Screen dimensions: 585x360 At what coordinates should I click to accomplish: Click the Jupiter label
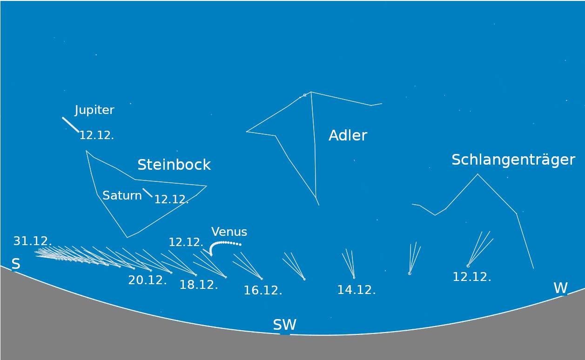(94, 110)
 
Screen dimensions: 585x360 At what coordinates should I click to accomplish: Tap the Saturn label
(122, 195)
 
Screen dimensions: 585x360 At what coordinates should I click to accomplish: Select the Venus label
(229, 232)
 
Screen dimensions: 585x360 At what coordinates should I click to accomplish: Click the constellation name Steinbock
(174, 165)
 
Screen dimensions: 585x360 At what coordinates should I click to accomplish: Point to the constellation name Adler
(348, 135)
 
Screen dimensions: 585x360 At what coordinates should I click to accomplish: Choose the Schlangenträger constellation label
(513, 160)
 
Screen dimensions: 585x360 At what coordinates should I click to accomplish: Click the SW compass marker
(285, 325)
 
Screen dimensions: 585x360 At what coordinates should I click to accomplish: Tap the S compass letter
(16, 264)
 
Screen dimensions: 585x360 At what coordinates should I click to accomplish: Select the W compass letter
(560, 288)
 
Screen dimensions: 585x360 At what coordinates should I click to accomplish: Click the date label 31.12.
(33, 241)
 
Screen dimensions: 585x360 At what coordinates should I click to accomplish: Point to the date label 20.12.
(147, 280)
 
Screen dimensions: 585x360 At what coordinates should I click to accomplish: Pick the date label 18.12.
(199, 285)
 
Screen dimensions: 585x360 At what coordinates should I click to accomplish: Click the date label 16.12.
(263, 290)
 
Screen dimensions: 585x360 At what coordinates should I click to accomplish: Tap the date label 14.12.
(356, 290)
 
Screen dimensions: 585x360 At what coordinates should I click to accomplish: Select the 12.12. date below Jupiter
(97, 135)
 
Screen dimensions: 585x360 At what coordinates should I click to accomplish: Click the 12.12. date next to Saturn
(172, 199)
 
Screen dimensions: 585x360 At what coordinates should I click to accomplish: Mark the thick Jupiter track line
(71, 125)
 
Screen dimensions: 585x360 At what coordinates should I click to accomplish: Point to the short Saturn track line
(148, 193)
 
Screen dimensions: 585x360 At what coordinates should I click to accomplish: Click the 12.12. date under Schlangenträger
(472, 277)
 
